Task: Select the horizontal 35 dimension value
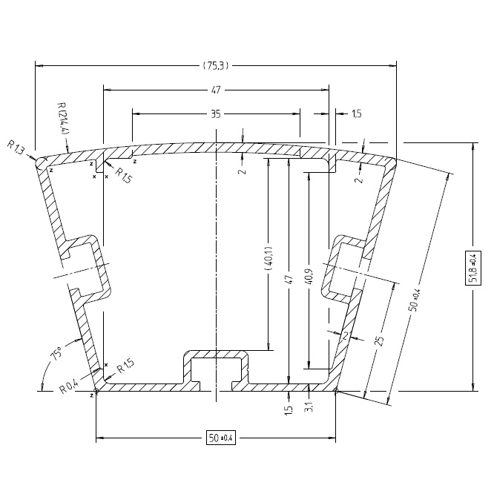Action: click(x=216, y=114)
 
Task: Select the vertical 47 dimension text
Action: click(x=290, y=280)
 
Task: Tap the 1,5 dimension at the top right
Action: click(x=356, y=114)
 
